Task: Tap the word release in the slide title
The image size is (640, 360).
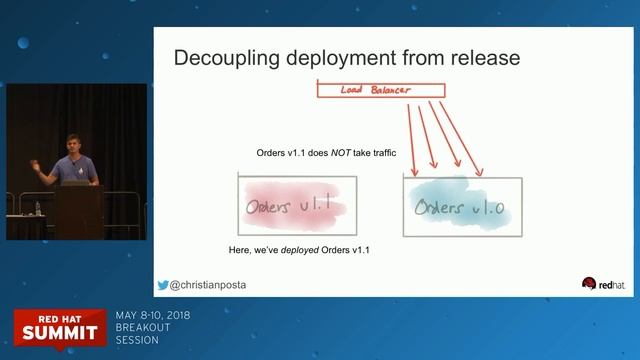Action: click(481, 57)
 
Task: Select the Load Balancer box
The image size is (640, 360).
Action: click(378, 91)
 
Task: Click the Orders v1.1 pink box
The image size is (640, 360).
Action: click(297, 208)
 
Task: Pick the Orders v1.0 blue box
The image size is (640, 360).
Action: click(462, 207)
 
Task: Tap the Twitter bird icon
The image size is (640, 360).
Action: click(162, 284)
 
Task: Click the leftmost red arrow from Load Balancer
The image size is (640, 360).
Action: click(413, 135)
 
